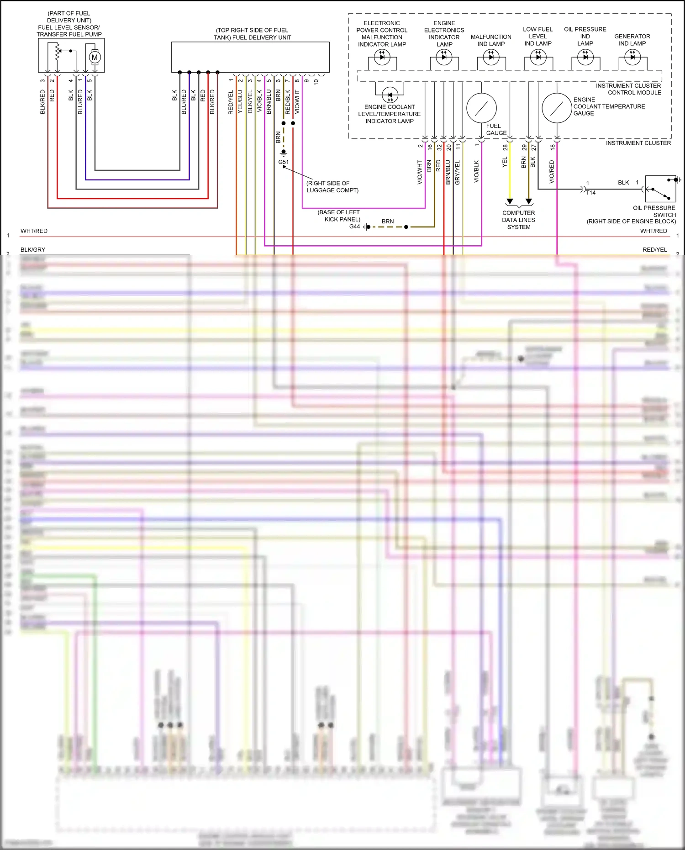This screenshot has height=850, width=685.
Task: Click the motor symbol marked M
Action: pos(95,58)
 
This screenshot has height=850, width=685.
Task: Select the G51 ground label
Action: pos(284,162)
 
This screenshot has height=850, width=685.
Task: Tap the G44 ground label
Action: pos(354,227)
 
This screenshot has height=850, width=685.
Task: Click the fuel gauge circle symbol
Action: pos(481,108)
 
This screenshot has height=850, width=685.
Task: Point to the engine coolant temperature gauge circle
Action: pos(557,108)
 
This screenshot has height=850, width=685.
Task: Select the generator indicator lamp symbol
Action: pos(632,57)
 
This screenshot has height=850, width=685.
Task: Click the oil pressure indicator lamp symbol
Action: pos(585,57)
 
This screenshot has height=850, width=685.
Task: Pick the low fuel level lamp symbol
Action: pos(538,57)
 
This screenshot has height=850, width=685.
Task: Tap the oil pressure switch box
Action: pos(660,189)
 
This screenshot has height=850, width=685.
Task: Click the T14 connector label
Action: pos(591,193)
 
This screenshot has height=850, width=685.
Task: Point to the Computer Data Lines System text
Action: pos(519,220)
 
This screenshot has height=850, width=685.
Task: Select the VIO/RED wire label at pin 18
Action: pos(552,172)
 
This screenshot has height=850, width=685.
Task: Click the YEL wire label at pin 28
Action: pos(505,162)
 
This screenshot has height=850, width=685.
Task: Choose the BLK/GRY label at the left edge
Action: pos(33,250)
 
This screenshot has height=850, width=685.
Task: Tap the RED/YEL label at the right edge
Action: pos(654,250)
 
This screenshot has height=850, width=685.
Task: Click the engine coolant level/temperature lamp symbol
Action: pos(390,95)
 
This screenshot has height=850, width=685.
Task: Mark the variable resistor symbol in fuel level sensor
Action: pos(58,52)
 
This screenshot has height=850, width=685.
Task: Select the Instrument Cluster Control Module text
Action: pos(628,89)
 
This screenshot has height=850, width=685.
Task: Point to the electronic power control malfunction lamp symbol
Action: pos(382,57)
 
